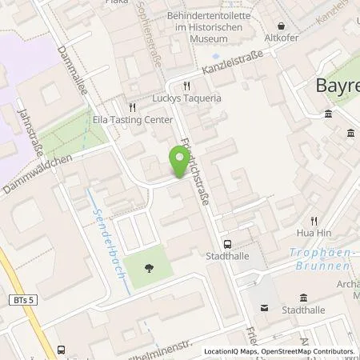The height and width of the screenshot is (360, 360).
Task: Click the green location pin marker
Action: (x=178, y=163)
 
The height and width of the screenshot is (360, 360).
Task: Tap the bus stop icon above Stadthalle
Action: (x=228, y=246)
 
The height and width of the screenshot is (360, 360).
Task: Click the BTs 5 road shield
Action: (x=24, y=299)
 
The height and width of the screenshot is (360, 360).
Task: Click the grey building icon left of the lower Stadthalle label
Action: (x=266, y=309)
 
